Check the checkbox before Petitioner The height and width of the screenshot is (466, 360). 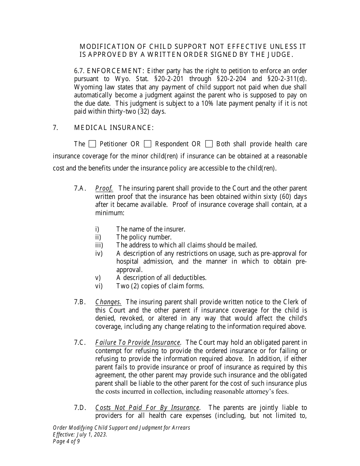(92, 144)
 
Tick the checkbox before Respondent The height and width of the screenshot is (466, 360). (148, 144)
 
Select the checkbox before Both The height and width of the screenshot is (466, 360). (209, 144)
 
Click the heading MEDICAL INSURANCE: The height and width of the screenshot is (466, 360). (114, 128)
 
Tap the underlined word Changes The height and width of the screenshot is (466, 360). (108, 302)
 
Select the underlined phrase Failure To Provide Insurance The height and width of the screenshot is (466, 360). (138, 342)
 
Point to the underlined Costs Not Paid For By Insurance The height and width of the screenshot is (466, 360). (147, 408)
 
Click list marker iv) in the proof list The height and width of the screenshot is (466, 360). (99, 253)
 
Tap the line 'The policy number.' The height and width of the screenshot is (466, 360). (144, 237)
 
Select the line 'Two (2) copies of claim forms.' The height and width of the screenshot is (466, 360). (160, 286)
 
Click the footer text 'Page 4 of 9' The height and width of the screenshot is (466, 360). (66, 441)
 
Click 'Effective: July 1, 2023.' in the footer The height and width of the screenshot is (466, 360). (80, 435)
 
